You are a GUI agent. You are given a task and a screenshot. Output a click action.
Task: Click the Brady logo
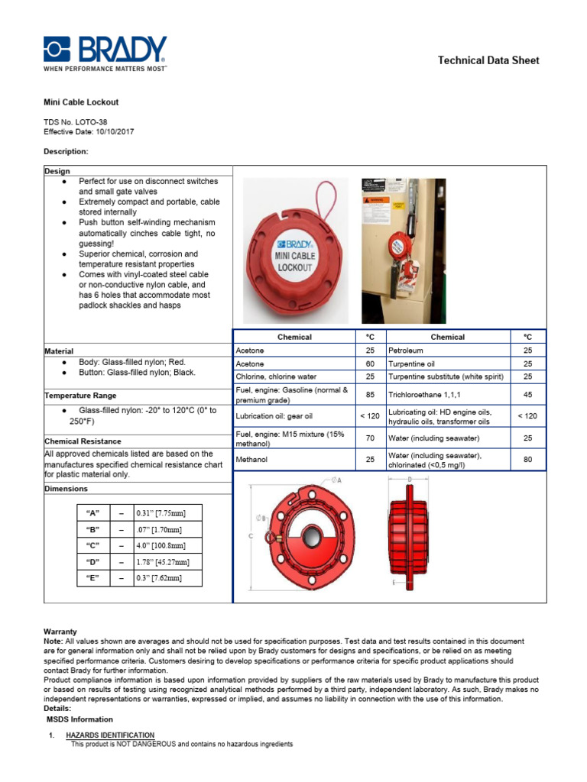click(105, 53)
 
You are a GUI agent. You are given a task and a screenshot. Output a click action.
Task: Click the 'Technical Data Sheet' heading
click(488, 60)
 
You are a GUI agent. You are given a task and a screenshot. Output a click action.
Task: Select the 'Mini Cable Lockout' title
click(80, 102)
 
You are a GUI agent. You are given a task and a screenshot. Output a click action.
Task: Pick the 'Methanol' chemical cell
click(252, 460)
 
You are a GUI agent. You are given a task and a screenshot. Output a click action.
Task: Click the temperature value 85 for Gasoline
click(371, 395)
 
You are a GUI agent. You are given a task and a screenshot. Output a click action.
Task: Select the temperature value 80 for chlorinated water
click(527, 460)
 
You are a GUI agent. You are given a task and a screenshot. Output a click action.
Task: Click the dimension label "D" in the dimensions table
click(94, 562)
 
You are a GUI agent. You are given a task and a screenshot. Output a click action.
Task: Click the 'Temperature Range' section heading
click(80, 396)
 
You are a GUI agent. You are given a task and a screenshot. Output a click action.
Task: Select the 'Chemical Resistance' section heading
click(83, 441)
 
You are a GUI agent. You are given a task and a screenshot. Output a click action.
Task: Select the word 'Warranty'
click(60, 632)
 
